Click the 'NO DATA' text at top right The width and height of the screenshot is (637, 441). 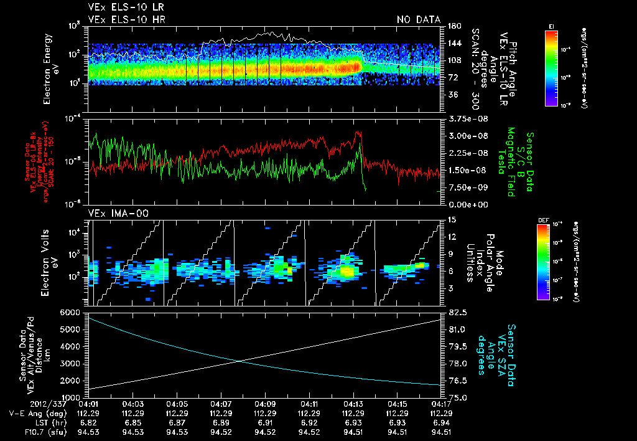(x=418, y=20)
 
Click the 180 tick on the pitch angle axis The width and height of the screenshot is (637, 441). (x=453, y=26)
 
